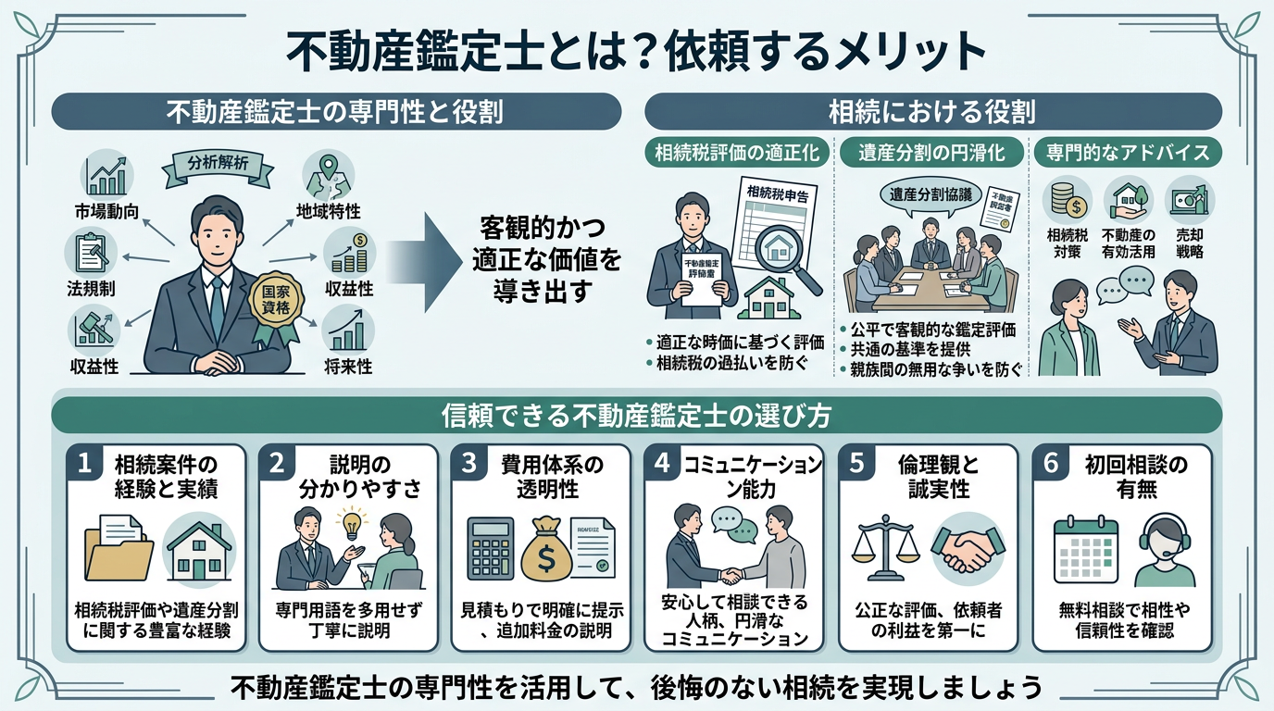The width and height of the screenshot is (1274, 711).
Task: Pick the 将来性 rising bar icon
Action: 347,331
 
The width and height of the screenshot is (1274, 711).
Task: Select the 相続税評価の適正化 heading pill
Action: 737,153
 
